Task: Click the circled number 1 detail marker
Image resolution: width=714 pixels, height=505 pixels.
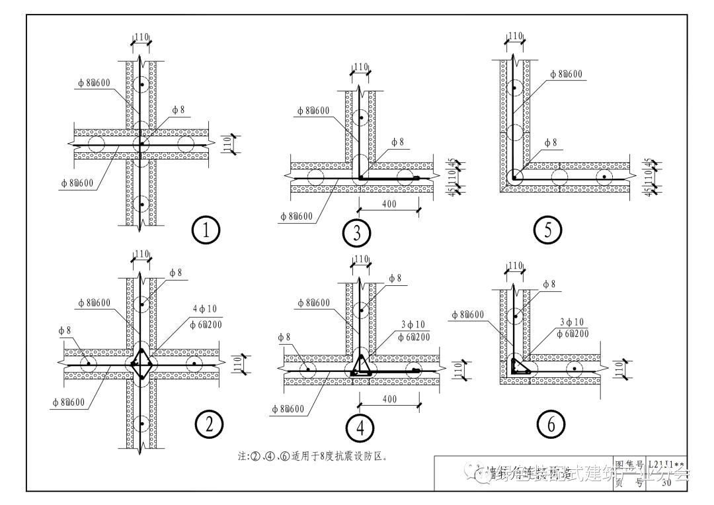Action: point(206,231)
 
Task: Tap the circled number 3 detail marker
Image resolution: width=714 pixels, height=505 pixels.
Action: point(357,232)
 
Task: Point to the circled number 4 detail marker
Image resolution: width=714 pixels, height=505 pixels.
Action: point(360,428)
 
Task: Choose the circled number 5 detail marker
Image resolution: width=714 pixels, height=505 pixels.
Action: point(548,230)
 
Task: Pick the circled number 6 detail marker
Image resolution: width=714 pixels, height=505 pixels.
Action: point(551,425)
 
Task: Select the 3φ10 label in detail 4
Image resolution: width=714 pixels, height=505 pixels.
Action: point(413,325)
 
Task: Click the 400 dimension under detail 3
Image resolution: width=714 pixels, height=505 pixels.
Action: point(389,205)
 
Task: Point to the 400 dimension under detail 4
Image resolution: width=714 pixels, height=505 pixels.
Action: point(389,399)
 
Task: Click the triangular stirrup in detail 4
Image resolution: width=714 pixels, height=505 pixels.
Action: point(362,365)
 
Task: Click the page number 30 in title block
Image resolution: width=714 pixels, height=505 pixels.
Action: point(665,482)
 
